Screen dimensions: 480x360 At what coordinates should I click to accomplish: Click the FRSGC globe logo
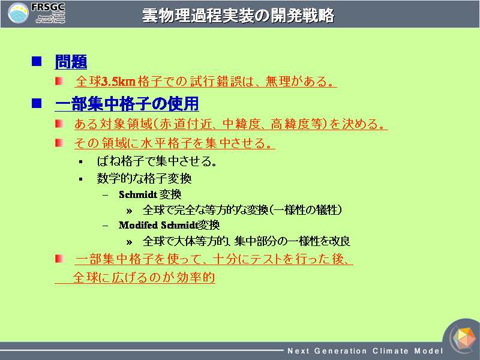18,13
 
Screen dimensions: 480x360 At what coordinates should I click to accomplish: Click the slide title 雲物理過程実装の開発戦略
238,16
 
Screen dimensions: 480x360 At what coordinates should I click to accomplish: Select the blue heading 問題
71,62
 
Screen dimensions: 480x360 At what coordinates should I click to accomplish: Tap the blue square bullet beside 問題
37,61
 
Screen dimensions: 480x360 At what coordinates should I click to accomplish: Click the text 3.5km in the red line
118,82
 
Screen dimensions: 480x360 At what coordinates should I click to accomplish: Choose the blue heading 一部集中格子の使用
127,103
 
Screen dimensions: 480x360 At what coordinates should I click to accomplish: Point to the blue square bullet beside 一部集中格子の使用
37,103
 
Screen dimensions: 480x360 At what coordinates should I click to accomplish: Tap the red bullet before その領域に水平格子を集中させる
59,143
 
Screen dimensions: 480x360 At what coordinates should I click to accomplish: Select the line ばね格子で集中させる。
157,161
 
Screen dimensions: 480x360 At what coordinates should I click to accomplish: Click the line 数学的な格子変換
144,178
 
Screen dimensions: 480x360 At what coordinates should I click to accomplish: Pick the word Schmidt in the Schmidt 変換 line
138,194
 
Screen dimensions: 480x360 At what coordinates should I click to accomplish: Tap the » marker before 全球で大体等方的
129,242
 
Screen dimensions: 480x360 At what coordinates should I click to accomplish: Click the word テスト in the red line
266,259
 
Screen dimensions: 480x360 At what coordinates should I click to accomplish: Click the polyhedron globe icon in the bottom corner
464,338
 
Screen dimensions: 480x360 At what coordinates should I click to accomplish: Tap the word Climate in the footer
391,351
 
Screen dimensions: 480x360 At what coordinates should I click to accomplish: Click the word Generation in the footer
340,351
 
